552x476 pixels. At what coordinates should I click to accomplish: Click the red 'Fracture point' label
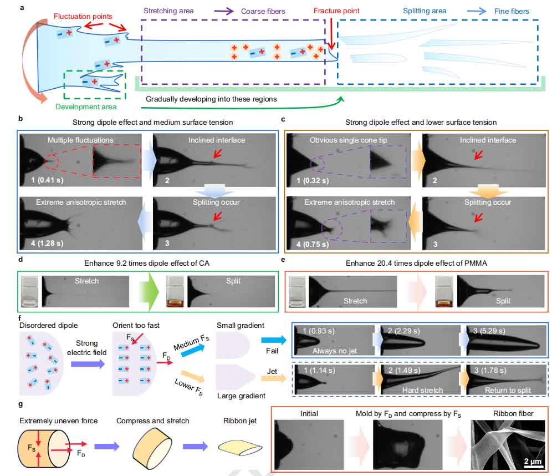pos(336,11)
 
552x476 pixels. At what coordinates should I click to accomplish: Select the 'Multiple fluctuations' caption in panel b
pos(80,140)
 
